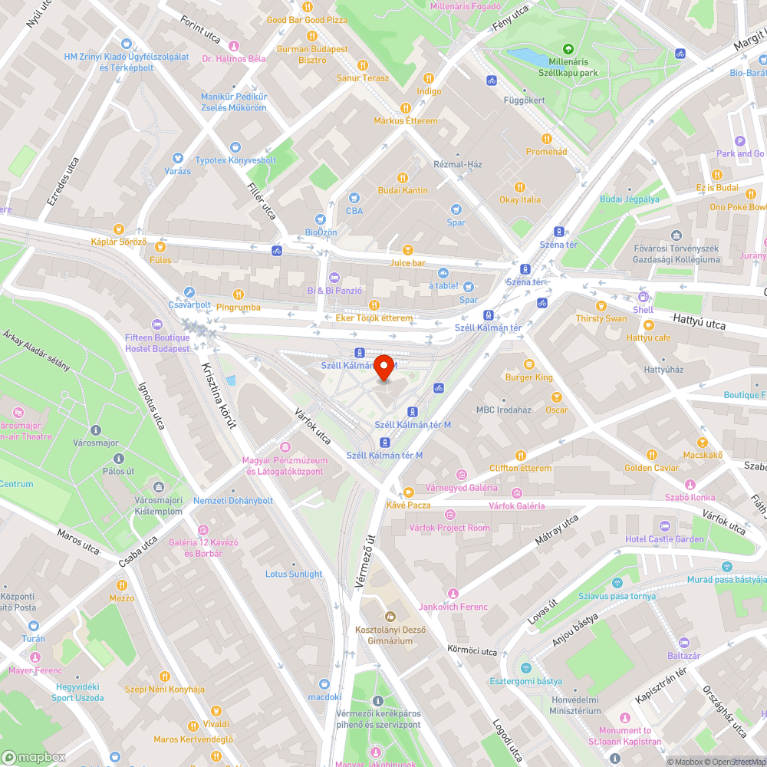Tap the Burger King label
coord(528,377)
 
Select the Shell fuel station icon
coord(643,298)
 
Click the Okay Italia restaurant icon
coord(520,186)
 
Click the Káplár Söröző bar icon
coord(118,229)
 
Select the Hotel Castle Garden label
coord(663,539)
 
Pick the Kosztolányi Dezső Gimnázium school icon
coord(390,615)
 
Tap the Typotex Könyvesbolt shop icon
coord(235,146)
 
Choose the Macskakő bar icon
coord(701,443)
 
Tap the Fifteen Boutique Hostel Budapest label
coord(157,343)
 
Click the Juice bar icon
coord(407,250)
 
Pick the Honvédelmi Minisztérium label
coord(578,706)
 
